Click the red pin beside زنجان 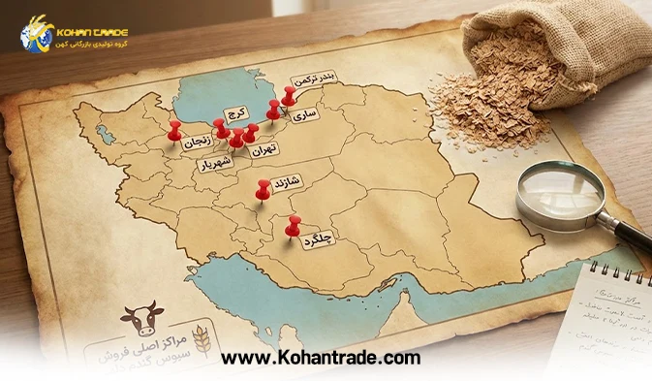[x=174, y=129]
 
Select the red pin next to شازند [x=262, y=189]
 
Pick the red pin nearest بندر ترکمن [x=289, y=94]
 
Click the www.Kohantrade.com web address [x=321, y=358]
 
